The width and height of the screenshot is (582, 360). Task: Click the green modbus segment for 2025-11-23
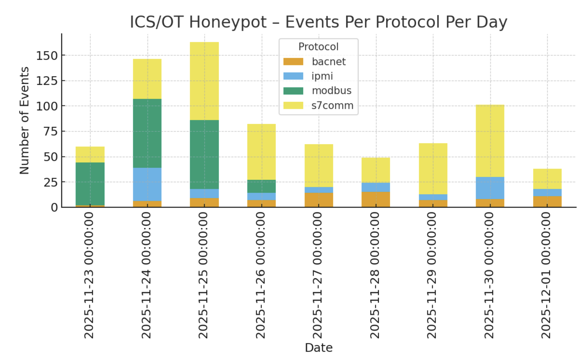click(x=90, y=184)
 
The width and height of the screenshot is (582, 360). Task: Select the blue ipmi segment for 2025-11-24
click(x=147, y=184)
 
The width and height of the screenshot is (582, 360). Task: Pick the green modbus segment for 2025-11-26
click(x=262, y=186)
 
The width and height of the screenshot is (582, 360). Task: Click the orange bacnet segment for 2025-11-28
click(x=376, y=199)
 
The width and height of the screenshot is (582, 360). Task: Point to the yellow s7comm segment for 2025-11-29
click(x=433, y=168)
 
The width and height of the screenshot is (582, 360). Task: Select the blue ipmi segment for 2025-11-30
click(x=490, y=188)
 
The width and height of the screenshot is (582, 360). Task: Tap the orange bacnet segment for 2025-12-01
click(x=547, y=201)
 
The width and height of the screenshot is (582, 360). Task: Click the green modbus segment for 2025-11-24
click(x=147, y=133)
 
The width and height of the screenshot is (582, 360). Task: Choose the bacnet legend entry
click(x=329, y=62)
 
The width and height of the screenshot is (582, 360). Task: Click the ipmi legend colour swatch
click(x=293, y=76)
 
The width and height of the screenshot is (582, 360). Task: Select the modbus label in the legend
click(x=331, y=91)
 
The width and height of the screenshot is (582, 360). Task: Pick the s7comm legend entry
click(x=332, y=106)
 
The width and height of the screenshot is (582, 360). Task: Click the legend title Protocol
click(x=318, y=47)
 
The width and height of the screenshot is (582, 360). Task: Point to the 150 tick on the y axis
click(x=47, y=56)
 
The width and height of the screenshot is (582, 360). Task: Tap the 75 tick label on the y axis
click(x=50, y=131)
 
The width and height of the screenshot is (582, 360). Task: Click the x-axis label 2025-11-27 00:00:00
click(x=318, y=275)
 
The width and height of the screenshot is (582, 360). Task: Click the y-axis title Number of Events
click(x=24, y=120)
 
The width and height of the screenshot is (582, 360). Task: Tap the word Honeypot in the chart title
click(x=228, y=22)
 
